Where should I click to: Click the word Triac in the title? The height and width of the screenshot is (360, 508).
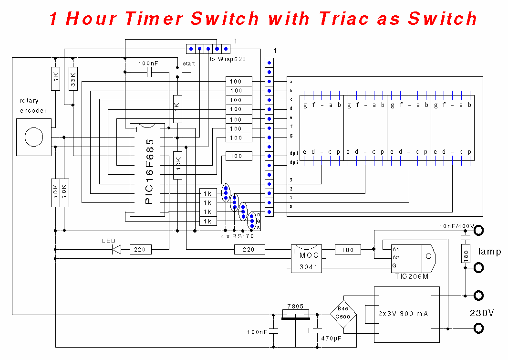[x=344, y=18]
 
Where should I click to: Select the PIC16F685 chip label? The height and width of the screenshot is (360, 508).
[x=150, y=171]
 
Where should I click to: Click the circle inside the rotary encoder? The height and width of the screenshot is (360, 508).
[x=34, y=137]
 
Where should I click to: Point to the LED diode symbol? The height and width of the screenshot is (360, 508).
[x=116, y=249]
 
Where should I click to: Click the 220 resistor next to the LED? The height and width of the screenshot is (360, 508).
[x=140, y=249]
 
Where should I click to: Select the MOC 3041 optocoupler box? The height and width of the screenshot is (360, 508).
[x=307, y=259]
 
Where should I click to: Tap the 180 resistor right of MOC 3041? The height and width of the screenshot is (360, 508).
[x=348, y=250]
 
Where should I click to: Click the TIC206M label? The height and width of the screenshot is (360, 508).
[x=412, y=276]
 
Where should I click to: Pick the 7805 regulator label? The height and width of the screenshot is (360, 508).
[x=295, y=306]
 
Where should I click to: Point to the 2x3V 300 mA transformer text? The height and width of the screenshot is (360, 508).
[x=404, y=314]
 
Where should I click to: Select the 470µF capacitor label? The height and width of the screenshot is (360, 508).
[x=332, y=338]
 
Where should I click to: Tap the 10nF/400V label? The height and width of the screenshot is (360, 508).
[x=457, y=226]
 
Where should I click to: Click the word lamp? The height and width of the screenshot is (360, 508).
[x=489, y=252]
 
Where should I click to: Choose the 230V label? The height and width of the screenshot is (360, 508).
[x=482, y=313]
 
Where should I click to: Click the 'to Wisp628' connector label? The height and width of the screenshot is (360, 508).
[x=228, y=59]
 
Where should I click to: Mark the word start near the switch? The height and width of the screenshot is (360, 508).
[x=189, y=64]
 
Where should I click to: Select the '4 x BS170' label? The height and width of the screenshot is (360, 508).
[x=237, y=236]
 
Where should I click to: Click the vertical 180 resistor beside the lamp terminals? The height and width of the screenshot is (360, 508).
[x=466, y=254]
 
